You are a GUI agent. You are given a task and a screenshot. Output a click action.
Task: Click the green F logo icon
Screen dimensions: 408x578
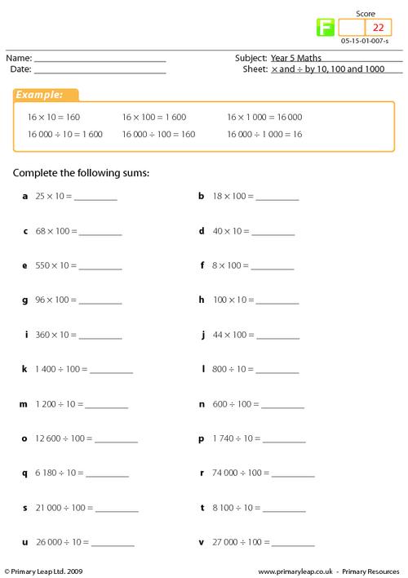[x=325, y=28]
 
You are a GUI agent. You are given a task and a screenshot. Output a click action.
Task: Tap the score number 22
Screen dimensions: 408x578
[x=378, y=28]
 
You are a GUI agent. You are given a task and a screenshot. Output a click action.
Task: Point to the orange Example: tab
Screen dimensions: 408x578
[x=46, y=96]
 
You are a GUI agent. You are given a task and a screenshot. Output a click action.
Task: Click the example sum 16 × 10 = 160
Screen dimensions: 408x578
[x=54, y=117]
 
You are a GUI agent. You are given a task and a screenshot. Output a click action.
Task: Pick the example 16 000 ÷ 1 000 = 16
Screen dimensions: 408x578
[x=264, y=133]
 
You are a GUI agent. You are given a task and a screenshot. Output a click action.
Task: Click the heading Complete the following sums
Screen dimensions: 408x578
[x=82, y=173]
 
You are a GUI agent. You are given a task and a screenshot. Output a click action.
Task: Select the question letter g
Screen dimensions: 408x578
[x=25, y=300]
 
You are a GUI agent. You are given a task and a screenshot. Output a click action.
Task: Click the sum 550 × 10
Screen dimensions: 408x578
[x=54, y=265]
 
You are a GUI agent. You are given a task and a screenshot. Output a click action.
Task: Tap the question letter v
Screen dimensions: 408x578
[x=201, y=541]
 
